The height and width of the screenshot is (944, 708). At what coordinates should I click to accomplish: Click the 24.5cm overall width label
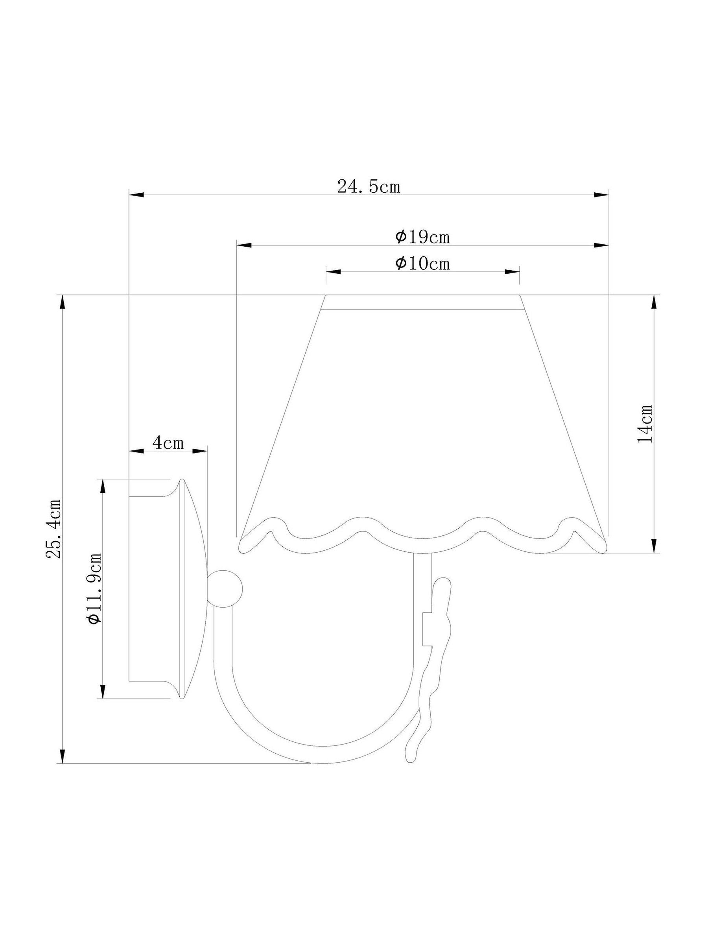(x=369, y=186)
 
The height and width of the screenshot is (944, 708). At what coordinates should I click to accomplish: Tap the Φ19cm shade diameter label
(x=422, y=237)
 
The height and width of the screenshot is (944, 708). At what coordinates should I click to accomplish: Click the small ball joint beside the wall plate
(x=225, y=589)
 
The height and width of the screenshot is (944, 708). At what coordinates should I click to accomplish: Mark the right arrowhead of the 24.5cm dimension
(x=601, y=195)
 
